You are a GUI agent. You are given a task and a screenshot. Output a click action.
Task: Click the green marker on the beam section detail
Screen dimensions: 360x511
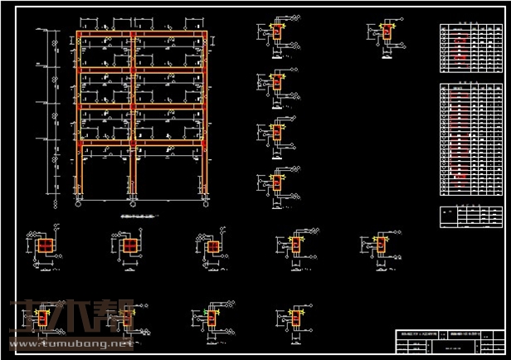point(205,313)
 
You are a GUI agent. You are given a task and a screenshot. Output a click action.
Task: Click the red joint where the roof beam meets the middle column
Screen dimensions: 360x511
point(133,35)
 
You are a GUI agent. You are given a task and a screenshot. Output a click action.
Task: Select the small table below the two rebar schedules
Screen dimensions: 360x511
point(470,216)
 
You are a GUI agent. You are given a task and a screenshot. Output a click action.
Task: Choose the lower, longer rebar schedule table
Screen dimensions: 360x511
point(470,139)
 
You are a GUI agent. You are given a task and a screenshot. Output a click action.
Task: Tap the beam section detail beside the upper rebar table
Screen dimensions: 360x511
point(386,33)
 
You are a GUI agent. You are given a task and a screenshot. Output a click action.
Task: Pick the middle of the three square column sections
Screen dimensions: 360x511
point(129,246)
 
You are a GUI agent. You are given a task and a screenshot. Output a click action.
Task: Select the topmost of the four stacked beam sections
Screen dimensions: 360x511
point(277,32)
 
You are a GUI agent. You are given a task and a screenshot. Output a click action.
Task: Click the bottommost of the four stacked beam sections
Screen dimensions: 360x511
point(277,182)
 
